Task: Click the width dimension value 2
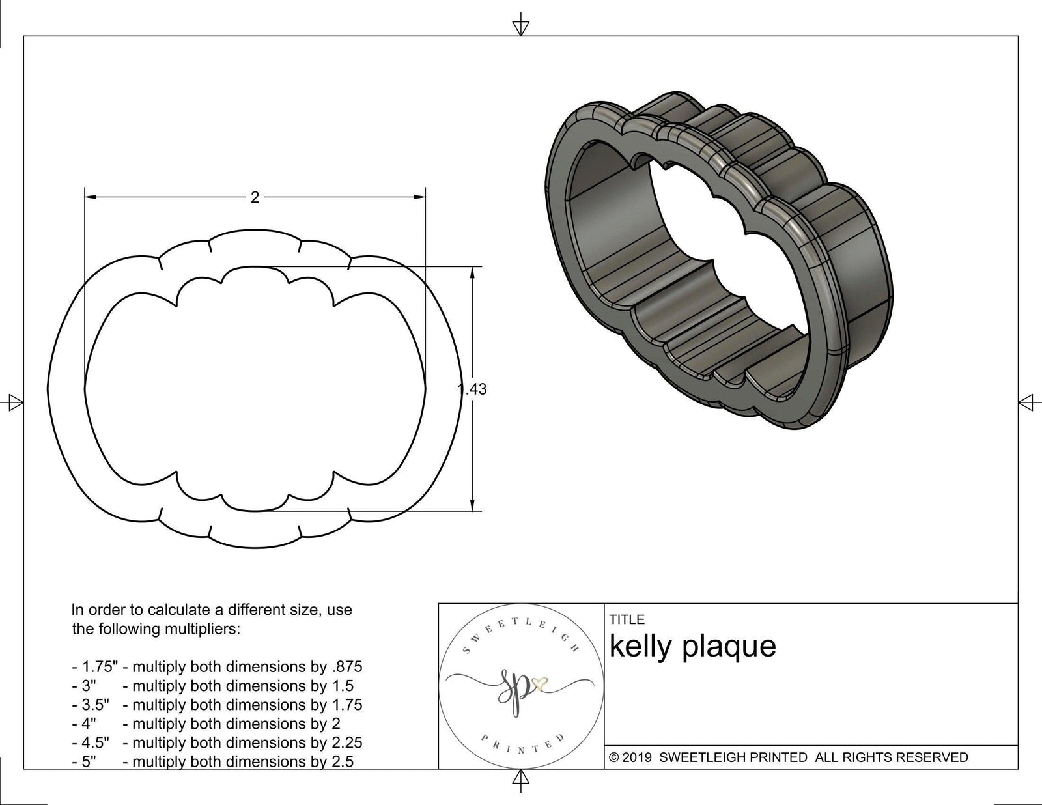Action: [x=255, y=197]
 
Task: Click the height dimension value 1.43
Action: [x=473, y=389]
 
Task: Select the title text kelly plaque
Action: [x=692, y=646]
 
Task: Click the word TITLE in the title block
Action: [x=627, y=619]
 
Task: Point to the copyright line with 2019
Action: [x=789, y=757]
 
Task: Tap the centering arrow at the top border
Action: [x=520, y=27]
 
